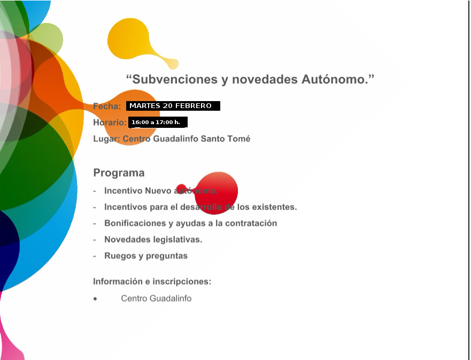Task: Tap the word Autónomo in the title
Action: (335, 79)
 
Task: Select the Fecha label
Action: (107, 106)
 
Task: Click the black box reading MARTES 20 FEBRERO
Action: (173, 106)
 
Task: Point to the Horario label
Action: (110, 122)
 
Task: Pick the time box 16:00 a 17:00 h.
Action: (158, 122)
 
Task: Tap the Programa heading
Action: (119, 173)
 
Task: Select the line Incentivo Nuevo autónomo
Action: (161, 191)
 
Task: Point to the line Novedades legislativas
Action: (153, 240)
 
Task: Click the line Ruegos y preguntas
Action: (146, 256)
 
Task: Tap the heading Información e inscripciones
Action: (152, 281)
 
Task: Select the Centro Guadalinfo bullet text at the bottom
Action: (156, 298)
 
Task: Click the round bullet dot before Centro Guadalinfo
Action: (95, 298)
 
